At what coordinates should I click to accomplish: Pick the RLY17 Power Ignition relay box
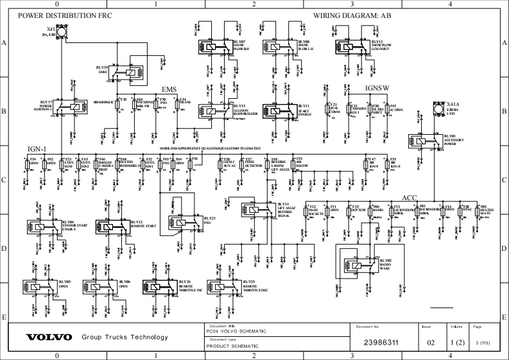tap(76, 107)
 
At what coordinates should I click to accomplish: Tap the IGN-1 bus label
tap(37, 149)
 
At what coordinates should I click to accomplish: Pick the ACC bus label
tap(409, 198)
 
